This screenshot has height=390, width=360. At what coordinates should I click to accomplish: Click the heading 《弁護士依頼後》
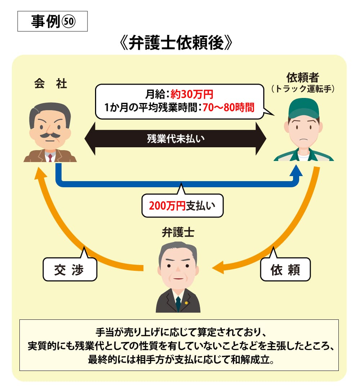176,44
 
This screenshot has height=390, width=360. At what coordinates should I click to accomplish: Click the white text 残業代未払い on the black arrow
175,138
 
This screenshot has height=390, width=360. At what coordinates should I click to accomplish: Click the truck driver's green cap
304,107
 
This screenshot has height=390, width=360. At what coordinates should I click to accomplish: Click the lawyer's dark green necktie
178,304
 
